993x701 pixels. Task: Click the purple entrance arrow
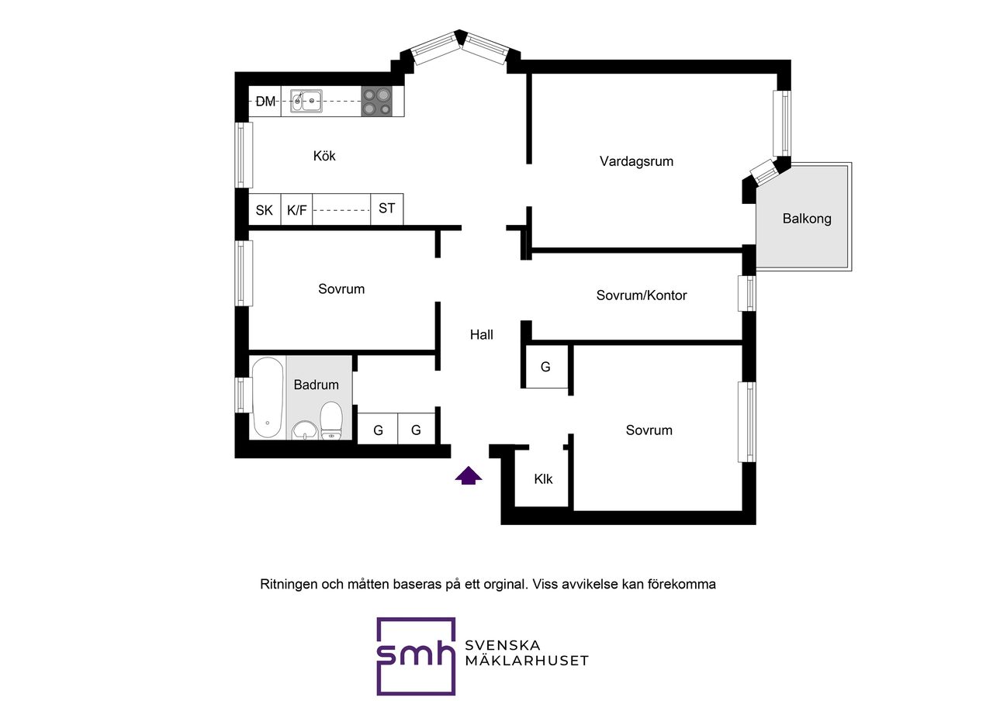coord(468,475)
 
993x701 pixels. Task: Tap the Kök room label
coord(324,156)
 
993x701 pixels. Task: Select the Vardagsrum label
coord(636,161)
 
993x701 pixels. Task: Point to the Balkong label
coord(806,219)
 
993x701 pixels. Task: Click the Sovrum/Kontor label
coord(641,295)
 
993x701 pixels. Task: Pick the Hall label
coord(482,334)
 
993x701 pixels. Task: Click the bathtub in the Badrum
coord(268,397)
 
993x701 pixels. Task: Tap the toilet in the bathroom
coord(331,420)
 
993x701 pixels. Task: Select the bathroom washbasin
coord(305,430)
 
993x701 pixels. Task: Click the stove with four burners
coord(377,102)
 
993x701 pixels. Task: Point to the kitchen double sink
coord(306,102)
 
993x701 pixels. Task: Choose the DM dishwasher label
coord(265,102)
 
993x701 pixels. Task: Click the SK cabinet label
coord(265,210)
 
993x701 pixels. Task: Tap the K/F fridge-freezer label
coord(296,210)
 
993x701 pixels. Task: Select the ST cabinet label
coord(386,209)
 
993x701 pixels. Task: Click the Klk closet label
coord(543,479)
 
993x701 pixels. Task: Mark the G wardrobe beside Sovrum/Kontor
coord(545,367)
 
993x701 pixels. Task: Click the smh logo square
coord(416,656)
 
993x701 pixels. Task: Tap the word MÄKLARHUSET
coord(527,661)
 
